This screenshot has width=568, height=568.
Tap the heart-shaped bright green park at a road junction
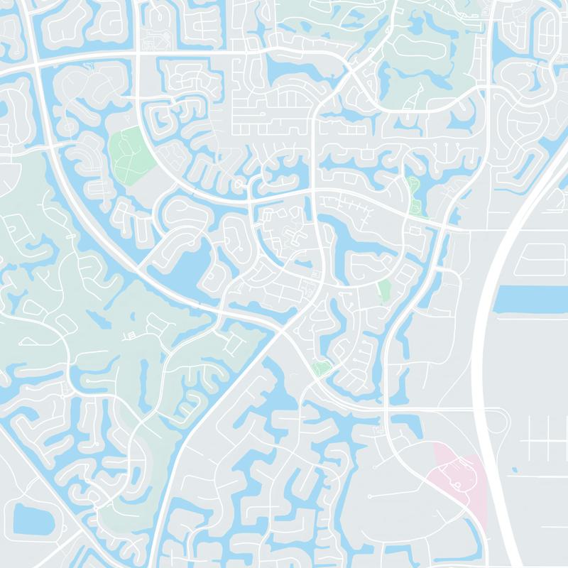(322, 368)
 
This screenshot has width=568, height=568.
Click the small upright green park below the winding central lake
(384, 290)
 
